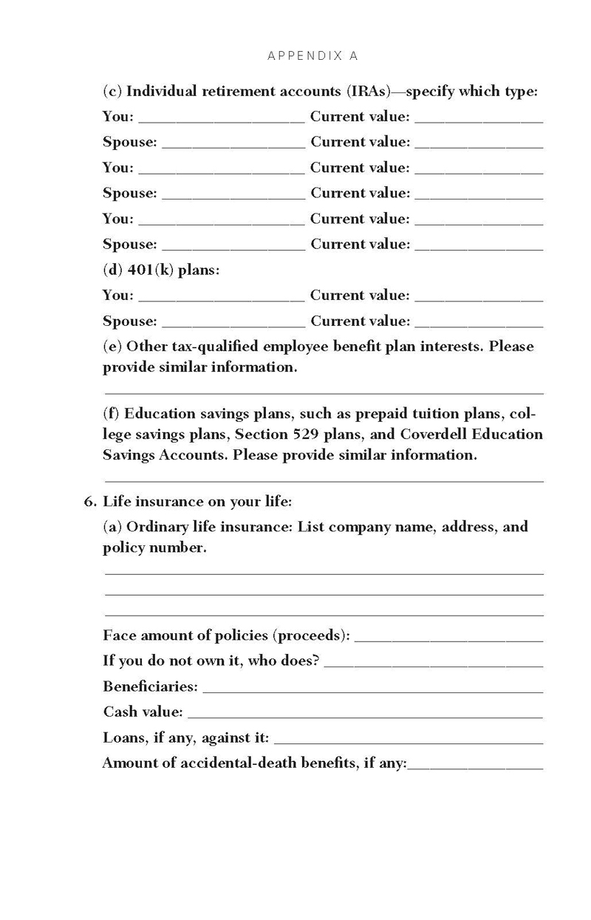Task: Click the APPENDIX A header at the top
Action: (312, 55)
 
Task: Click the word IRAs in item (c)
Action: (367, 92)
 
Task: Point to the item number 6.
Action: (89, 502)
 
